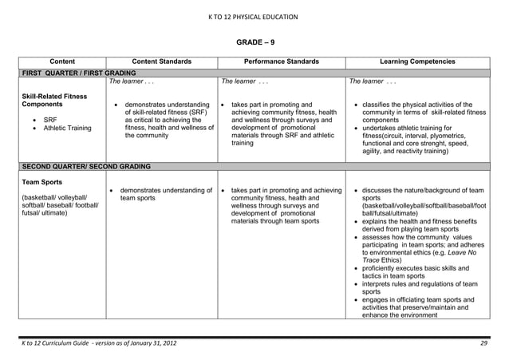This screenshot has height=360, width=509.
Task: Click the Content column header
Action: [x=62, y=61]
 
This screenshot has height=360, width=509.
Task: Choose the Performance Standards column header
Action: [x=282, y=61]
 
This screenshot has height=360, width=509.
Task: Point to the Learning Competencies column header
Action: [x=418, y=61]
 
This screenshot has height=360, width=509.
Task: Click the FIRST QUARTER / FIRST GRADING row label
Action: [x=68, y=72]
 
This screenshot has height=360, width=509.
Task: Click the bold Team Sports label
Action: [x=41, y=181]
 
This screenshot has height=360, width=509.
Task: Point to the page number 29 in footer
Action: [x=483, y=343]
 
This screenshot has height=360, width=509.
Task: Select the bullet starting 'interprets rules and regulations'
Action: [x=419, y=287]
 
